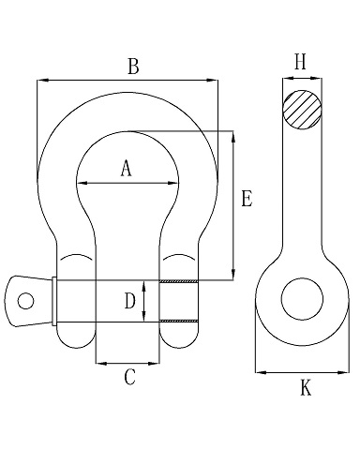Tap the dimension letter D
(x=130, y=302)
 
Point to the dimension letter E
(x=246, y=199)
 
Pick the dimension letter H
(x=300, y=62)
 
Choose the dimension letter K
(x=305, y=388)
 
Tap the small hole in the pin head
(x=26, y=301)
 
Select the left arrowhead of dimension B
(x=40, y=81)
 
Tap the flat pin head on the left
(x=28, y=300)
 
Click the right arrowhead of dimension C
(x=158, y=361)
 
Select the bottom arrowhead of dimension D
(x=142, y=319)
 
